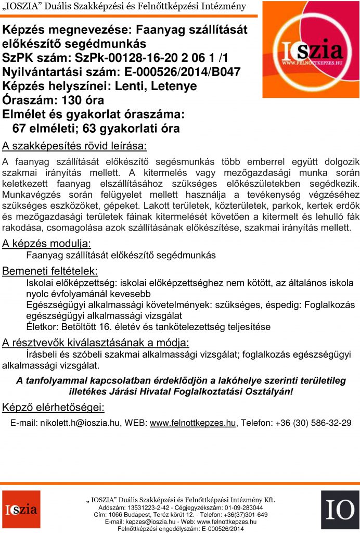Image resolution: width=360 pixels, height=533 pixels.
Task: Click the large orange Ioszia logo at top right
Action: pos(310,50)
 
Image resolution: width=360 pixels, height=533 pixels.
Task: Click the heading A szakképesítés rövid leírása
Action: pos(74,144)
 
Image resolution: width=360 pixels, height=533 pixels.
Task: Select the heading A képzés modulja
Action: pos(47,243)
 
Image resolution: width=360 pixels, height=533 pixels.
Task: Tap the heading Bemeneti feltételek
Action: pos(50,271)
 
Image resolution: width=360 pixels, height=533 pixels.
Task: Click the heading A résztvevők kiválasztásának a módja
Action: pos(96,342)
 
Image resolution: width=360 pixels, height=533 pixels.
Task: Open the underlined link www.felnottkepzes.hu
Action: pos(192,423)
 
